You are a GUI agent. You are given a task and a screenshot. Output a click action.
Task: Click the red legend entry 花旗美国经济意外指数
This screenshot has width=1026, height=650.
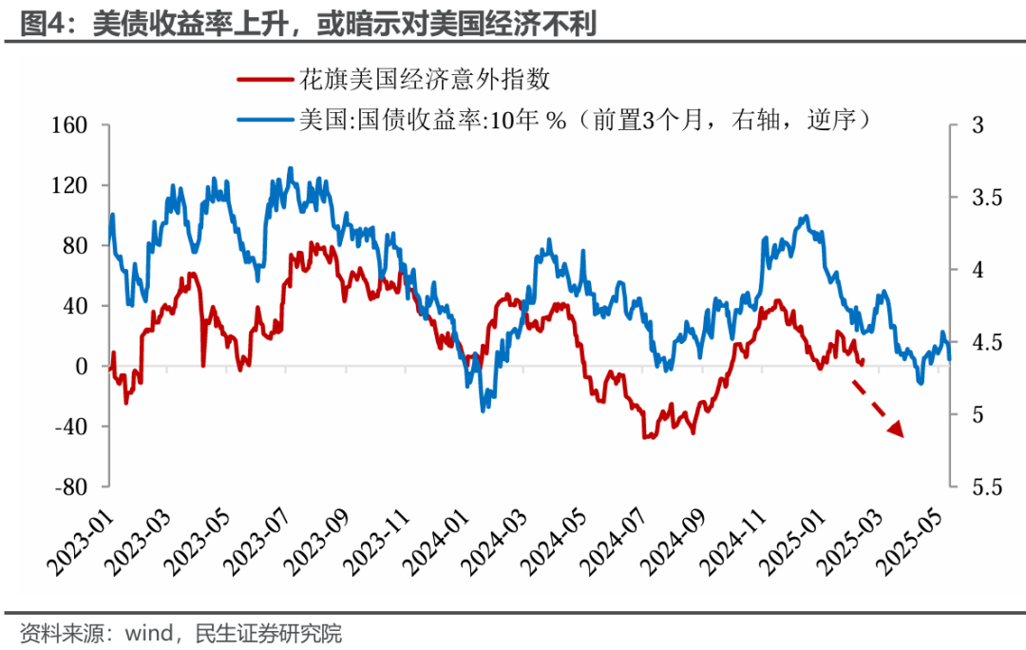point(424,79)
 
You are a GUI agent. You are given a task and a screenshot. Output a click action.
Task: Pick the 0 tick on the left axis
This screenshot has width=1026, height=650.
point(82,366)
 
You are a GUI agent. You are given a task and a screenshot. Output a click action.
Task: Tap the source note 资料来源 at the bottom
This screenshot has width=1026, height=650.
point(180,632)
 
